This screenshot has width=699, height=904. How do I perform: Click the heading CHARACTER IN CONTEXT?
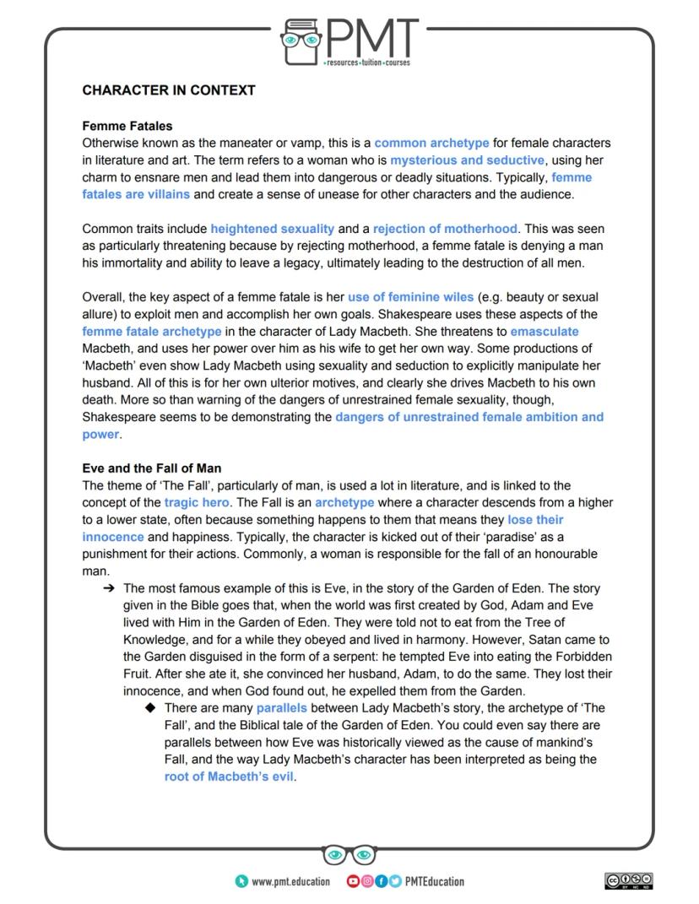[169, 89]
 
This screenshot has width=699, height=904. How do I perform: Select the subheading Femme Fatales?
[127, 126]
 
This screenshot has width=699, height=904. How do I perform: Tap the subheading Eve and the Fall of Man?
[152, 468]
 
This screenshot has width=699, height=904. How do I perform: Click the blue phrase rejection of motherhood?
[445, 229]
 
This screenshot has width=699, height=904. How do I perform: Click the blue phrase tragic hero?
[197, 502]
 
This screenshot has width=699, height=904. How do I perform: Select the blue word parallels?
[282, 708]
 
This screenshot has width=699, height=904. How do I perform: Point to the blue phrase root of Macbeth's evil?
[229, 777]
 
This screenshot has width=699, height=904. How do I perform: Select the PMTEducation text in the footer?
[434, 881]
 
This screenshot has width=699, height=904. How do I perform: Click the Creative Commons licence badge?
[629, 881]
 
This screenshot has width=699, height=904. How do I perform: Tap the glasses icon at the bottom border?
[349, 855]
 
